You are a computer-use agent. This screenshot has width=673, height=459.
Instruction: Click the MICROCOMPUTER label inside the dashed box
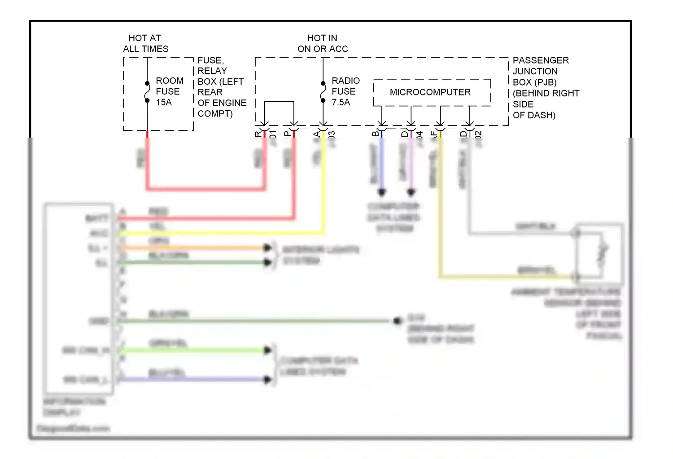(430, 92)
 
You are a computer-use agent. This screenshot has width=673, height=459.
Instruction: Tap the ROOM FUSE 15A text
(169, 91)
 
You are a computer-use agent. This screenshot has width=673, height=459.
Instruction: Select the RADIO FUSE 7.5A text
(345, 91)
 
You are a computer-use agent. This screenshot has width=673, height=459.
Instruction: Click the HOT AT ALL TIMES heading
(145, 43)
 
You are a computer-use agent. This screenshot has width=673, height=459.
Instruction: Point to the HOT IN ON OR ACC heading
(323, 43)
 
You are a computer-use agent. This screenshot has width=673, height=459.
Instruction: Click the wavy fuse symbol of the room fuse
(147, 92)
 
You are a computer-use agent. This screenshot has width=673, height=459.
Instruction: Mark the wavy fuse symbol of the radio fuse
(323, 92)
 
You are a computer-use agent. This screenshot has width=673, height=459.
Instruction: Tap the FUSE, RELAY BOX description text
(222, 87)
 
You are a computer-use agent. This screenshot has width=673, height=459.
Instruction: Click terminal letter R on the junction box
(258, 134)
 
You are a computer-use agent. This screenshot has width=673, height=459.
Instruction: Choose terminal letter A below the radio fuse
(317, 134)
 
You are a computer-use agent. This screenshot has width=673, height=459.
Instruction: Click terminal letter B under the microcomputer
(376, 134)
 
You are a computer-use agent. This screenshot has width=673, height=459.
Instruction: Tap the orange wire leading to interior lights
(193, 247)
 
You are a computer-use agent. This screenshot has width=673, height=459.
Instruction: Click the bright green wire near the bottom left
(193, 350)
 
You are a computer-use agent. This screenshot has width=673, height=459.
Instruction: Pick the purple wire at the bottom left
(193, 379)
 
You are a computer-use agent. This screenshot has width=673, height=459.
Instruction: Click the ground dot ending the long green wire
(397, 320)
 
